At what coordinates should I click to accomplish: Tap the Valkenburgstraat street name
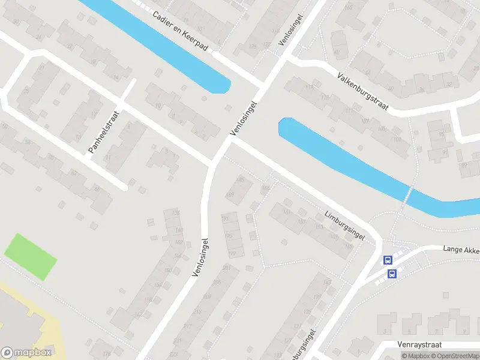coord(362,94)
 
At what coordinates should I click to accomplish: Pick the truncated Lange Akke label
coord(461,248)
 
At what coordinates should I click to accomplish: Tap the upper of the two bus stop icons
coord(388,260)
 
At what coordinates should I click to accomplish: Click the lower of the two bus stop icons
coord(392,274)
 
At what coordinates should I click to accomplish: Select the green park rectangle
coord(31,256)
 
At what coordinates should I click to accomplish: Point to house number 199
coord(232,253)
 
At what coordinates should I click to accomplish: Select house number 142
coord(178,242)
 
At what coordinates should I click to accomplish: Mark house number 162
coord(139,314)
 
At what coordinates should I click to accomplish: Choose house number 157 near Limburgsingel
coord(301,221)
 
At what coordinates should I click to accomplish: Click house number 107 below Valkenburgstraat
coord(365,121)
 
